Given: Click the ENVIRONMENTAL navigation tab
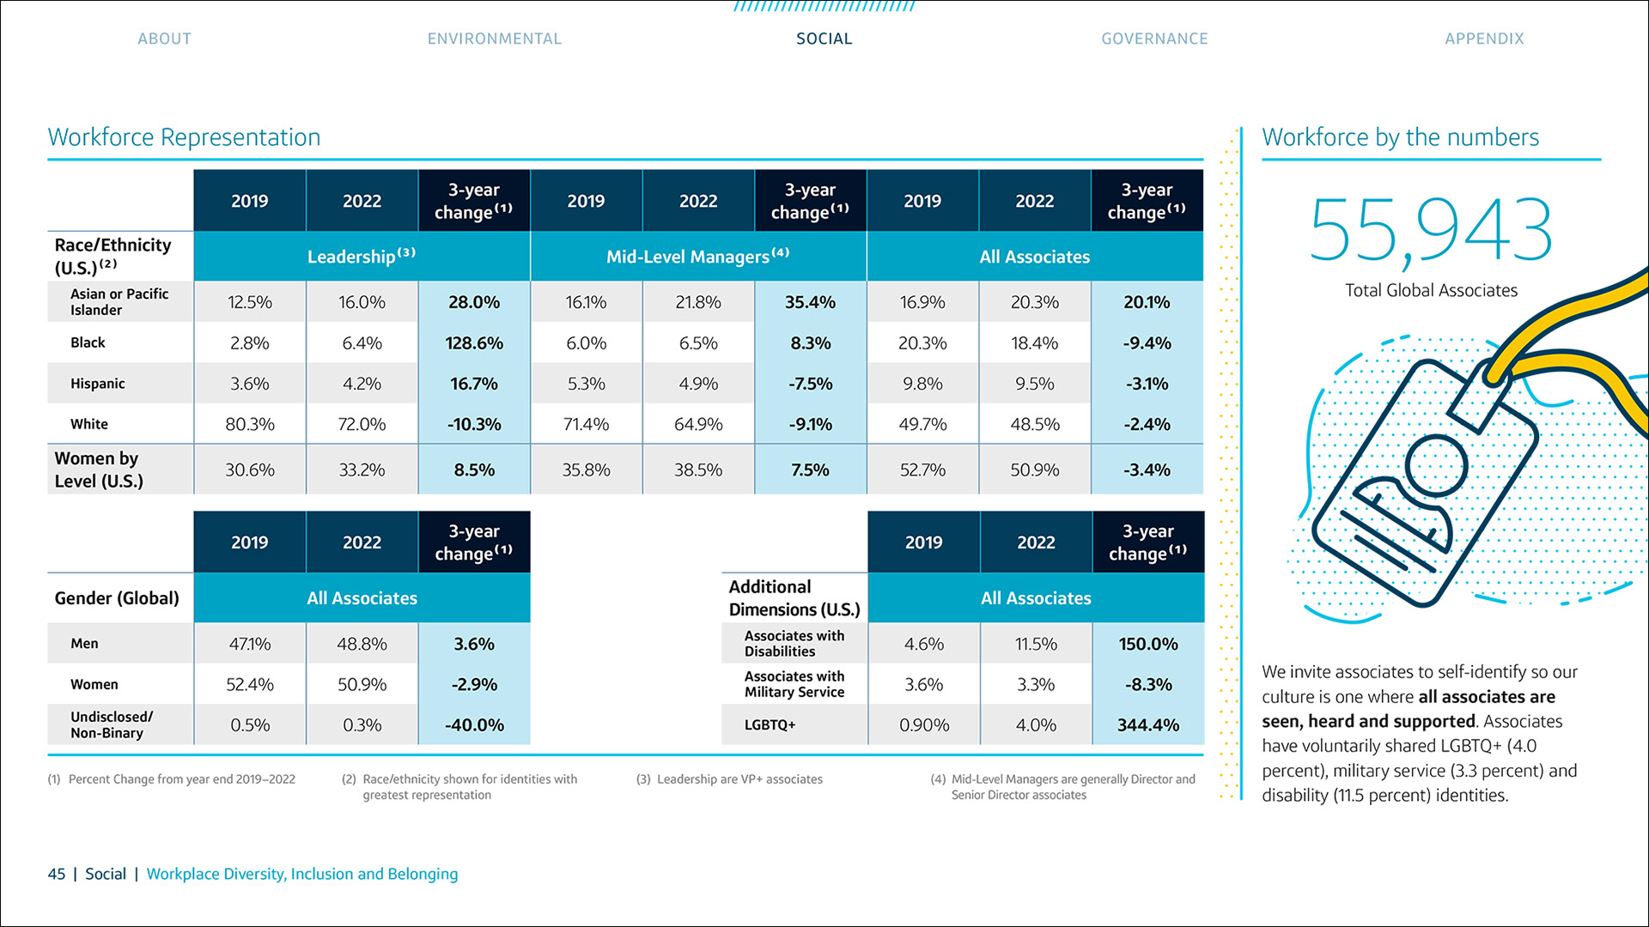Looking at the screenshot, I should tap(494, 39).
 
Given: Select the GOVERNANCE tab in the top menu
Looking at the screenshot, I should tap(1154, 39).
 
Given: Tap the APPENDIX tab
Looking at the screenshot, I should tap(1483, 39).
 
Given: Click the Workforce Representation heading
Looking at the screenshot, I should tap(184, 137).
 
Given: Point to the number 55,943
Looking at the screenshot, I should tap(1430, 230).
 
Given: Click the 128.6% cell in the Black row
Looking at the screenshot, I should tap(473, 343).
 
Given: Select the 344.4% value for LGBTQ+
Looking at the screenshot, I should tap(1147, 725).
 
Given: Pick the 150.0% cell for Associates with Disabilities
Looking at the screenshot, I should tap(1147, 644).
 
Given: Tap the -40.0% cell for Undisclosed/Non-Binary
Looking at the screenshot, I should tap(473, 725).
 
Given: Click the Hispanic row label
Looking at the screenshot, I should tap(98, 384).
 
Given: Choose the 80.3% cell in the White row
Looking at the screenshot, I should tap(249, 424).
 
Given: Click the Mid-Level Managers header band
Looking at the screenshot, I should tap(697, 257).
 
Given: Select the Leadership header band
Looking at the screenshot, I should tap(361, 257).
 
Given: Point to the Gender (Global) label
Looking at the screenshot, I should tap(117, 598).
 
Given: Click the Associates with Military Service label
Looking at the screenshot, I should tap(794, 684).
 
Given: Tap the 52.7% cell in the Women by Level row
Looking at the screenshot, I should tap(922, 470).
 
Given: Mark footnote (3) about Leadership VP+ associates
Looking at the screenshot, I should tap(730, 779).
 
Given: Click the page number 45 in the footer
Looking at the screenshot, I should tap(57, 874).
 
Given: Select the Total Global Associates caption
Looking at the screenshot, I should tap(1431, 291).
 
